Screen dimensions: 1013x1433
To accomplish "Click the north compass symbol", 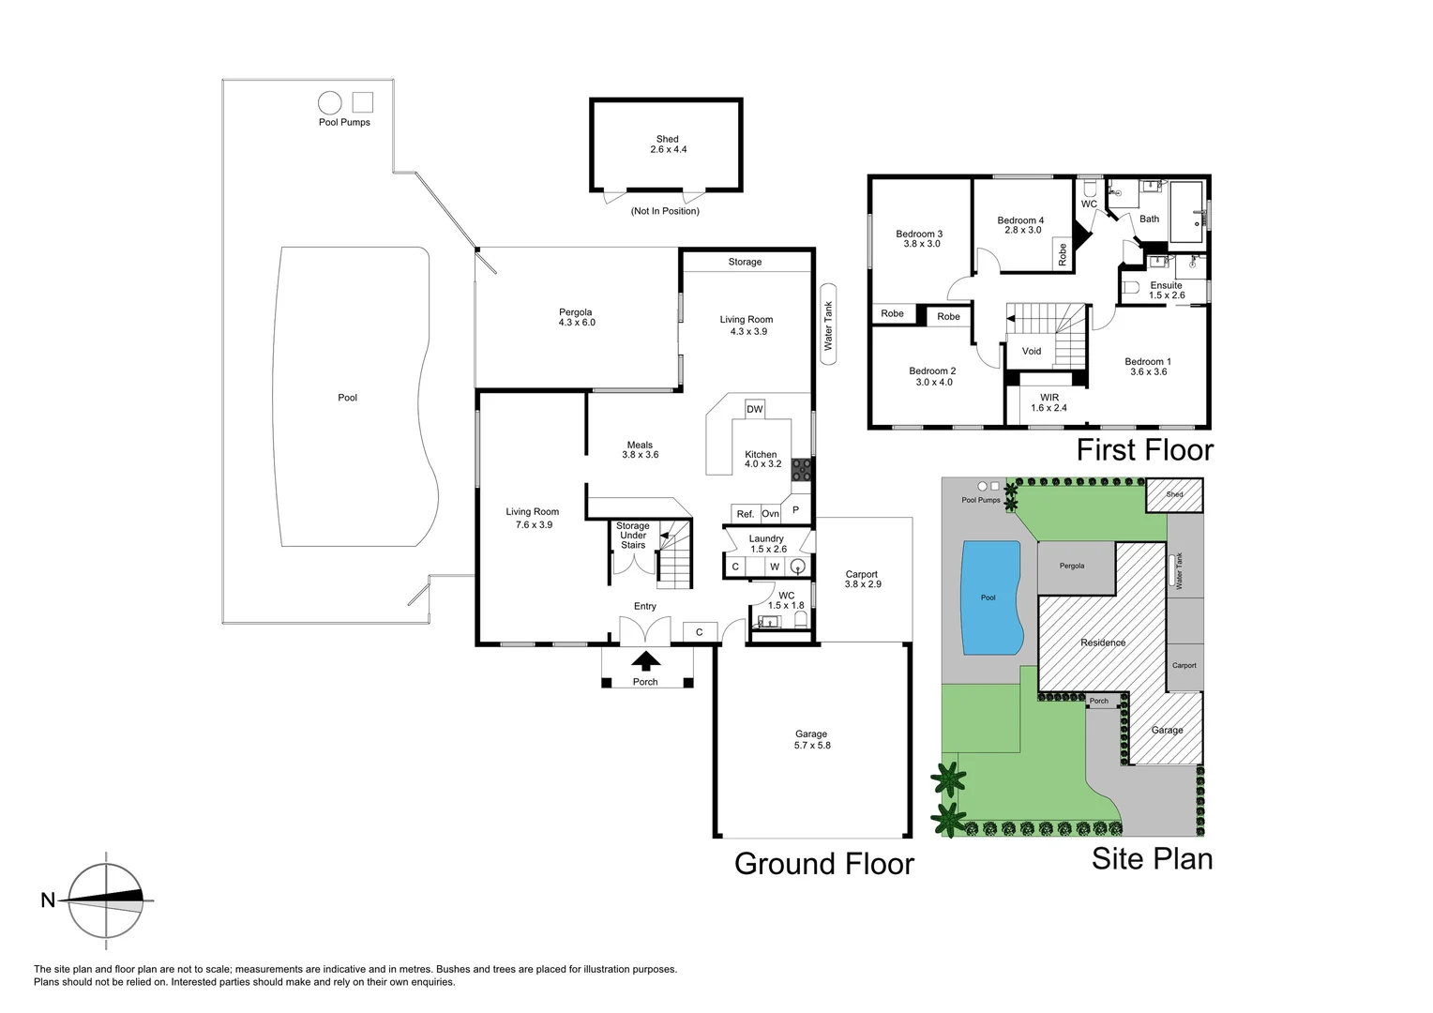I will point(107,900).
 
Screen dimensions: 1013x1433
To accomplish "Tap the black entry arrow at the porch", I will point(645,661).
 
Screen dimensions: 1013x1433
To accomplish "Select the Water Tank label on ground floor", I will point(828,326).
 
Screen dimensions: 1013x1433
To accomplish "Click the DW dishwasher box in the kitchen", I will point(754,409).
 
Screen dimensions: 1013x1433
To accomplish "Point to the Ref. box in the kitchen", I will point(745,513).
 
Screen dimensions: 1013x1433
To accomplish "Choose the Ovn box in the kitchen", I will point(770,513).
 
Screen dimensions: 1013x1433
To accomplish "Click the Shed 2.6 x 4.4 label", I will point(667,144).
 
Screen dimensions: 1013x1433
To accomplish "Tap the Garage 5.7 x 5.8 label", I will point(811,740).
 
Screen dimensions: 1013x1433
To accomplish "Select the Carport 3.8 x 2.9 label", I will point(862,579).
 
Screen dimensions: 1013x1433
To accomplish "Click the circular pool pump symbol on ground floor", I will point(329,102).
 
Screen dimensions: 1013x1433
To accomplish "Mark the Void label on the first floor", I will point(1032,351).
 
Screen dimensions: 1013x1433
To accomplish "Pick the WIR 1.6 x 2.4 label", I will point(1048,402).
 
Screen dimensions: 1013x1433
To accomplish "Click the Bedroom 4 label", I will point(1020,225).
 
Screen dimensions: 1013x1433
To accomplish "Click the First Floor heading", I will point(1144,450).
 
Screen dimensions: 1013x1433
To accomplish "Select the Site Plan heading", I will point(1152,859).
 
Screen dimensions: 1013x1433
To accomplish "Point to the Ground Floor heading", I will point(823,863).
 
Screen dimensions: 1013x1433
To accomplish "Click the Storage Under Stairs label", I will point(633,536).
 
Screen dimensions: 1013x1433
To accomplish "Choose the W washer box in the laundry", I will point(775,567).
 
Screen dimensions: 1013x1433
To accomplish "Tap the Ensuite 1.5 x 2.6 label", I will point(1167,290).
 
